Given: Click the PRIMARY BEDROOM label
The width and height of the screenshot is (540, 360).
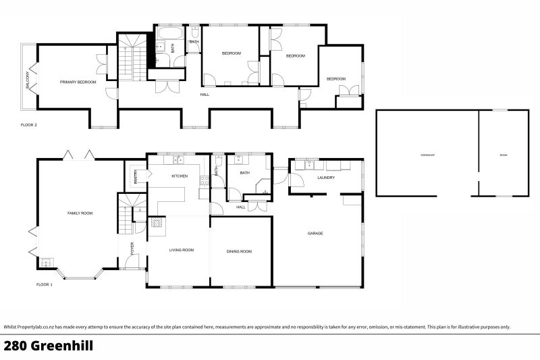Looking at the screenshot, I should (x=78, y=82).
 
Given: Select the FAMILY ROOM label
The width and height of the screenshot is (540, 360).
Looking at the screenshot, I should (x=80, y=213).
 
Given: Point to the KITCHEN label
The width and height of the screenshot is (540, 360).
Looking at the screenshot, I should (x=179, y=176).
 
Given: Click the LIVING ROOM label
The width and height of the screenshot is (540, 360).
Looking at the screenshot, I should (x=182, y=250).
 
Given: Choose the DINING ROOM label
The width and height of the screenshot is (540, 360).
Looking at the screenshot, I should (x=239, y=251).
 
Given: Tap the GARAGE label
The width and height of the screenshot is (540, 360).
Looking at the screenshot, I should (x=315, y=233).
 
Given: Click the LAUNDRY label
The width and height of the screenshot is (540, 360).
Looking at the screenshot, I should (x=326, y=178).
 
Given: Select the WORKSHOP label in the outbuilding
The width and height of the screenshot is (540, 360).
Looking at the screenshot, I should (x=427, y=155).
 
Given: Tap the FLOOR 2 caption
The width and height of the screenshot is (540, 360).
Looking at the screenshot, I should (x=28, y=125).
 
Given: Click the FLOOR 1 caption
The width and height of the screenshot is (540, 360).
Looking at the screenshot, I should (x=45, y=285).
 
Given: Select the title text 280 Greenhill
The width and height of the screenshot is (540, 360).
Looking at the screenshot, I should (x=48, y=346).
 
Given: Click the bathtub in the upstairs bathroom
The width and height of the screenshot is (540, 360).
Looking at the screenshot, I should (x=167, y=32).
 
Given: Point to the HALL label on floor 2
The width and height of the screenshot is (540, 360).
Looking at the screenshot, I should (x=204, y=95).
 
